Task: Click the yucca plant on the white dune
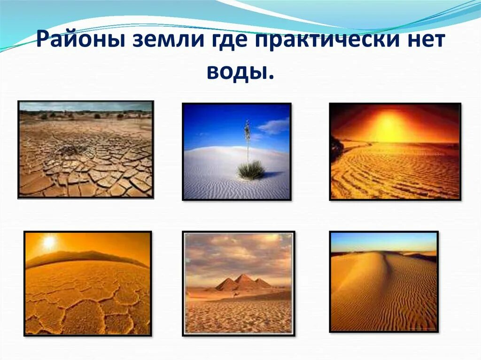pos(250,169)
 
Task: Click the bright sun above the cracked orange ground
pos(49,242)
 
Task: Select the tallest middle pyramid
pos(245,281)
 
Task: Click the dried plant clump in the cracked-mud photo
pos(70,150)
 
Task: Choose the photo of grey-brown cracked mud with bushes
pos(85,149)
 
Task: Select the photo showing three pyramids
pos(238,283)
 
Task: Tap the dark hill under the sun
pos(85,257)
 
